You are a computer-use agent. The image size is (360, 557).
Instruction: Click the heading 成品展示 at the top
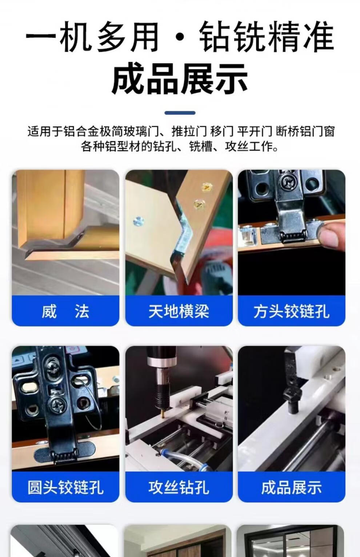pos(180,78)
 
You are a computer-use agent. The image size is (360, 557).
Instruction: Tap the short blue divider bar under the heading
pos(180,113)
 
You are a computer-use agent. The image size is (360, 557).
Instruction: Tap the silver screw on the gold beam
pos(138,221)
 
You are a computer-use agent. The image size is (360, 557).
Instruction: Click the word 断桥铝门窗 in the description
pos(305,131)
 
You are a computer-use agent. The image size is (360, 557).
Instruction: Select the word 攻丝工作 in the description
pos(251,146)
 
